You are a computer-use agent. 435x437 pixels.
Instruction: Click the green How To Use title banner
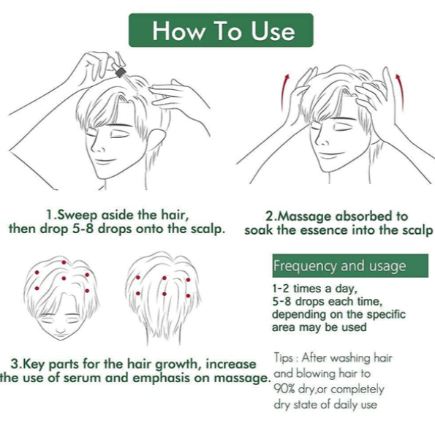[221, 30]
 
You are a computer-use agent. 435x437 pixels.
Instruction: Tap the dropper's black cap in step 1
[121, 72]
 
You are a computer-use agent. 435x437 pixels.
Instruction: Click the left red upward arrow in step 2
[284, 92]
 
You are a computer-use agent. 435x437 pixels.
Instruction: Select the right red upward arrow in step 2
[400, 91]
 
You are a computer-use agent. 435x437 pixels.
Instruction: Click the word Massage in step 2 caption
[303, 217]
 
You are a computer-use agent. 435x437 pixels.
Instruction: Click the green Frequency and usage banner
[350, 265]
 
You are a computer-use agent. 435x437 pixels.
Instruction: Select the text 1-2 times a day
[314, 289]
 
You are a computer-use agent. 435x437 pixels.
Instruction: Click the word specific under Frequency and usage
[386, 315]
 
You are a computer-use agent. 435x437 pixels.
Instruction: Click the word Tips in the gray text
[284, 357]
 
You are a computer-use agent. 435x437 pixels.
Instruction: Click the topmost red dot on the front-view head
[64, 262]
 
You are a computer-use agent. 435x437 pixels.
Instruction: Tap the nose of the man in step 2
[322, 140]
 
